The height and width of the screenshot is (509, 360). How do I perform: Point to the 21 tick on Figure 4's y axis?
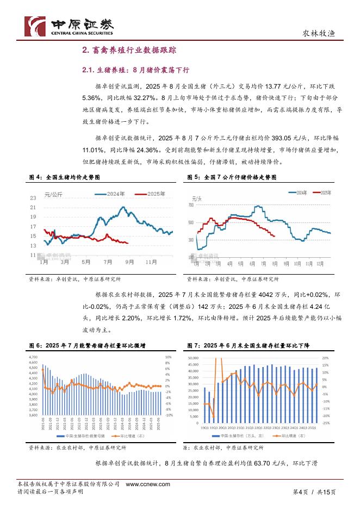pyautogui.click(x=33, y=207)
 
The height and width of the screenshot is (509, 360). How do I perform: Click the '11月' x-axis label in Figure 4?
pyautogui.click(x=151, y=262)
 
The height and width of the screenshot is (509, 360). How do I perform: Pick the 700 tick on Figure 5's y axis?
pyautogui.click(x=190, y=205)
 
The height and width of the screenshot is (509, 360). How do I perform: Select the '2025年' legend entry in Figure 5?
pyautogui.click(x=326, y=193)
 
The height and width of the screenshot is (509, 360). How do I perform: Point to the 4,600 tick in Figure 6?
pyautogui.click(x=33, y=362)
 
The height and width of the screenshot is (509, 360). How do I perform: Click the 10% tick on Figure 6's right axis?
pyautogui.click(x=168, y=357)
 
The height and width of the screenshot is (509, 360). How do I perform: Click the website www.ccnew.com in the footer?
pyautogui.click(x=148, y=484)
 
